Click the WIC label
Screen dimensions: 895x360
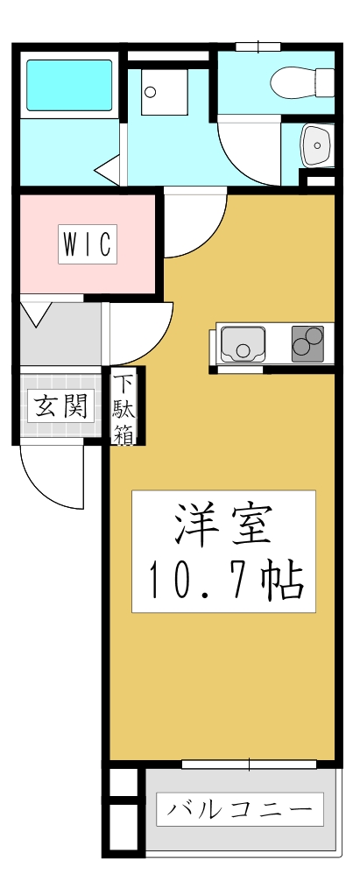(88, 244)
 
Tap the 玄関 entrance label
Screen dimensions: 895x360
(60, 405)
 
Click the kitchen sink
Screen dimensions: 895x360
(242, 342)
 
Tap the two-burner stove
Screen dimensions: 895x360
(307, 342)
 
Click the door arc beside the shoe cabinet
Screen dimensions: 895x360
(140, 333)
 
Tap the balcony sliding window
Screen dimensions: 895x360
(249, 765)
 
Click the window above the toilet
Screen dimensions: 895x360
(258, 46)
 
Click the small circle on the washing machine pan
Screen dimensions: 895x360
(149, 91)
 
